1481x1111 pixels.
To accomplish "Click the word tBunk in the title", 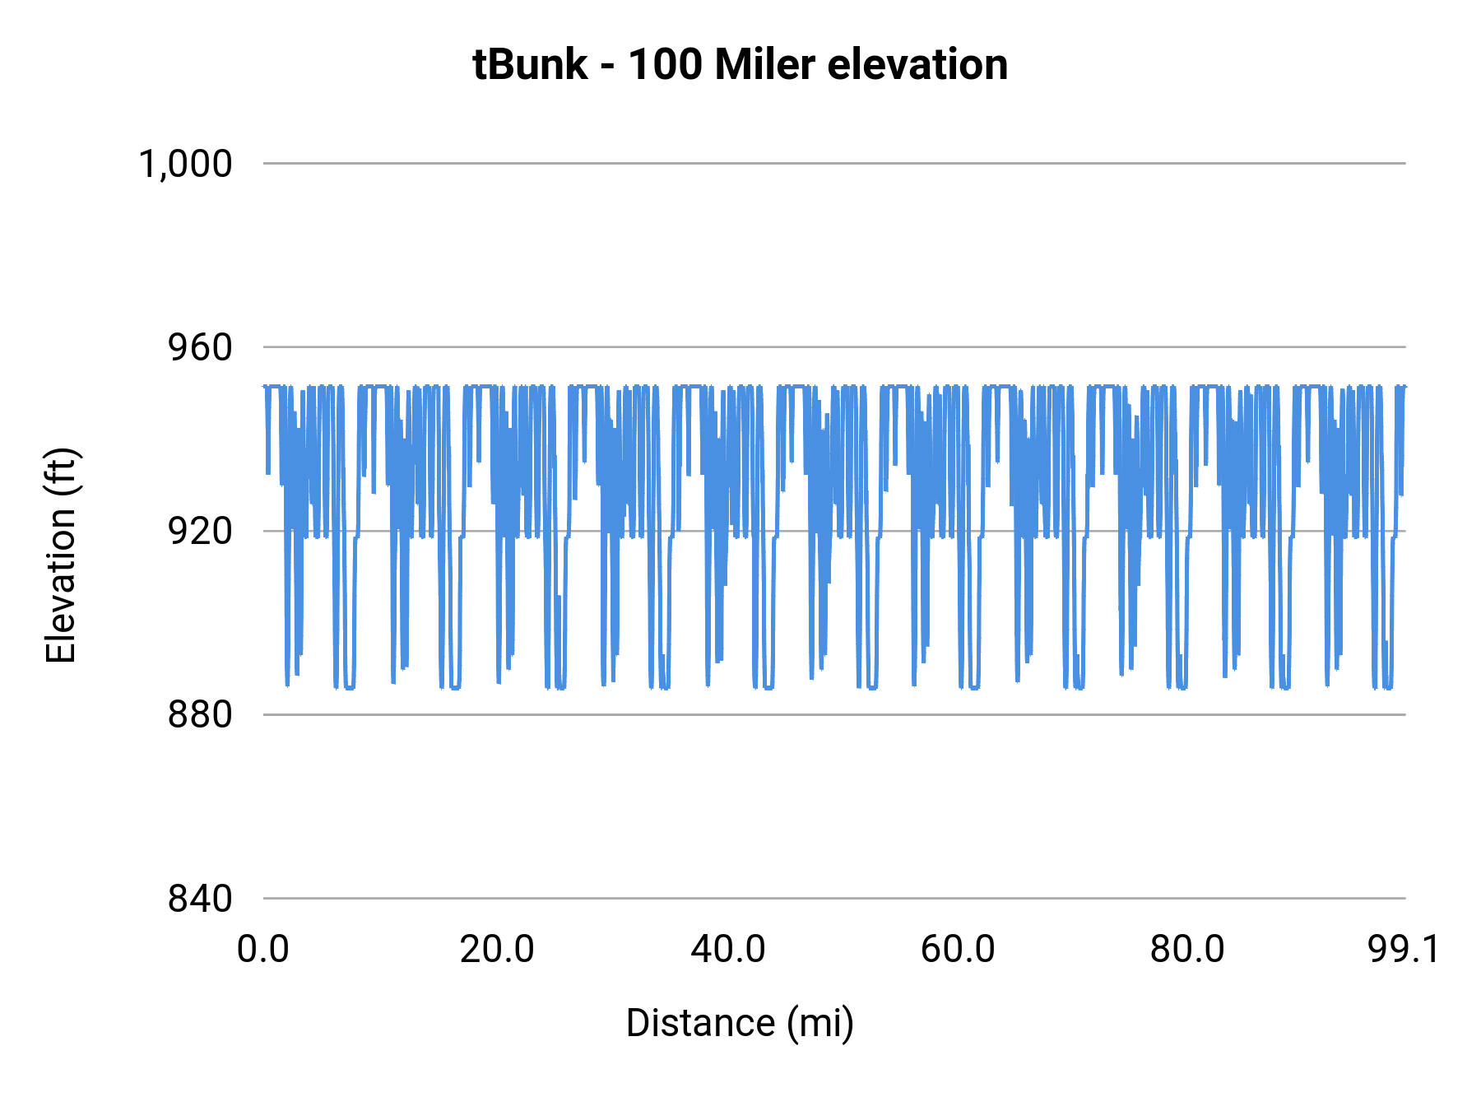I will click(x=530, y=64).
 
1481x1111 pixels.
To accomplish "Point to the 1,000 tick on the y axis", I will click(x=185, y=164).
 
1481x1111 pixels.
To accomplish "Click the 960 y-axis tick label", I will click(x=200, y=347).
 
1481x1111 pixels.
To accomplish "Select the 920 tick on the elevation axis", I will click(x=200, y=531).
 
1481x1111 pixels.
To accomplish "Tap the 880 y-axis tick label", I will click(x=200, y=714).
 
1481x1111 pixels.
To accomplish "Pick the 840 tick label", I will click(x=200, y=899).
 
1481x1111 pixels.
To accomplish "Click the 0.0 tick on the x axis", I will click(x=263, y=949).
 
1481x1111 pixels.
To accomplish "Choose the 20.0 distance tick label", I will click(x=497, y=949).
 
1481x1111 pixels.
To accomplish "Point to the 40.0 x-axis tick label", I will click(x=727, y=949).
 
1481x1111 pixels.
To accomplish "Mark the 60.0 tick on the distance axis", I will click(x=958, y=949).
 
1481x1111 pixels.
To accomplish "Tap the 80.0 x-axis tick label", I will click(x=1187, y=949).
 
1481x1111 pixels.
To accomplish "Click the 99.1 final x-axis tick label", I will click(x=1404, y=949).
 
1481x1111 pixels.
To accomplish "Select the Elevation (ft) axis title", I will click(x=61, y=555).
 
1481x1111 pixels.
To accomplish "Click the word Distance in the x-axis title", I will click(x=700, y=1023).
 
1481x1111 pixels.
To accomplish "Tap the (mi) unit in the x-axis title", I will click(x=820, y=1023).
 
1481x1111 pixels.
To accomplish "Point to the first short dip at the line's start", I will click(x=268, y=461).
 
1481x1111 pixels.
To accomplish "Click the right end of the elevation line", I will click(x=1404, y=386).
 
